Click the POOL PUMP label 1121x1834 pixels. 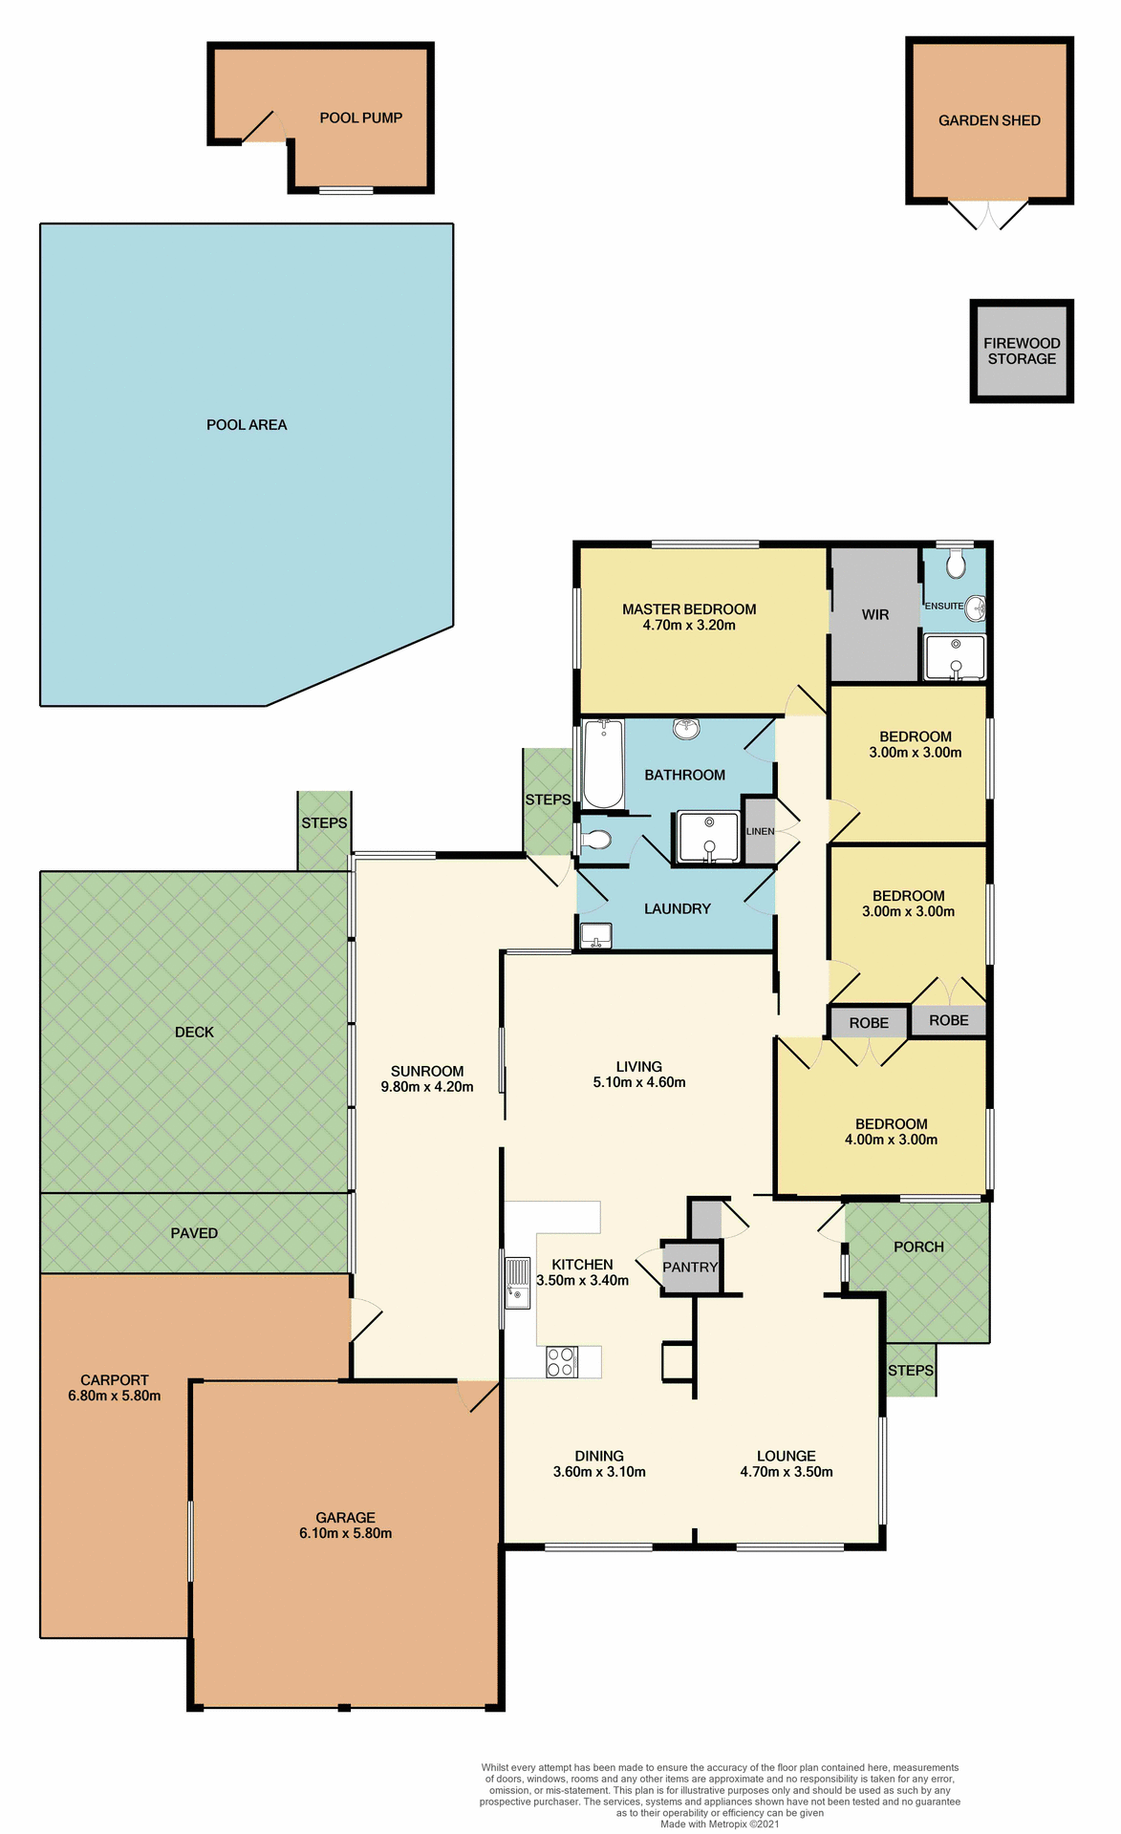pyautogui.click(x=360, y=117)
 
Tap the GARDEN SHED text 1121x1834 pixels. pyautogui.click(x=989, y=120)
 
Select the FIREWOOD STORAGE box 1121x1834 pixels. pyautogui.click(x=1022, y=351)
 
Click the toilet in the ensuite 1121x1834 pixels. pyautogui.click(x=956, y=565)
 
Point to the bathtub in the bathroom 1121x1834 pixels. pyautogui.click(x=603, y=764)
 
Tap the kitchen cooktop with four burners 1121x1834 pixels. pyautogui.click(x=562, y=1361)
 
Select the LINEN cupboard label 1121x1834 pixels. pyautogui.click(x=760, y=831)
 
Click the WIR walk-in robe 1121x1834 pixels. pyautogui.click(x=874, y=614)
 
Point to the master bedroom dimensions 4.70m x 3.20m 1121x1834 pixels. pyautogui.click(x=689, y=626)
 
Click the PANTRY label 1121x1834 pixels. pyautogui.click(x=690, y=1268)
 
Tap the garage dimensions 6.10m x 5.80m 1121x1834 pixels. pyautogui.click(x=345, y=1533)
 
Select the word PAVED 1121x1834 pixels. pyautogui.click(x=194, y=1233)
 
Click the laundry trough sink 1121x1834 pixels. pyautogui.click(x=596, y=935)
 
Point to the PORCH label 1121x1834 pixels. pyautogui.click(x=918, y=1247)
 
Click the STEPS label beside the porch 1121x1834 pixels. pyautogui.click(x=910, y=1370)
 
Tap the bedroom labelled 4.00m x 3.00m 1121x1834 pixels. pyautogui.click(x=891, y=1132)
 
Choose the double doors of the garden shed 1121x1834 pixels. pyautogui.click(x=988, y=215)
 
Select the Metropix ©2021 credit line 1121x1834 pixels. pyautogui.click(x=720, y=1823)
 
